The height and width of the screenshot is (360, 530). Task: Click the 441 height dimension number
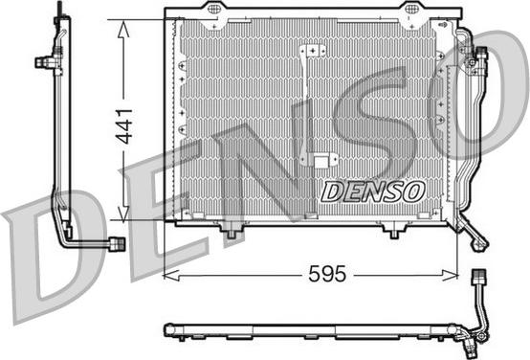123,126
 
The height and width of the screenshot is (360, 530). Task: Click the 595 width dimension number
327,274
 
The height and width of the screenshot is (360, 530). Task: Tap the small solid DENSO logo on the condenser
373,191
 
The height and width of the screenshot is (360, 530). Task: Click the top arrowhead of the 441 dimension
123,29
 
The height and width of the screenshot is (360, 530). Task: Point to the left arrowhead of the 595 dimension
171,276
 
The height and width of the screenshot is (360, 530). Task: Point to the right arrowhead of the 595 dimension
450,276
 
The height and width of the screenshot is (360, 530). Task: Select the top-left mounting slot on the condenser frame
213,10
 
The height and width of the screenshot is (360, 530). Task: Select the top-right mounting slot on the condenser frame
411,10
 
